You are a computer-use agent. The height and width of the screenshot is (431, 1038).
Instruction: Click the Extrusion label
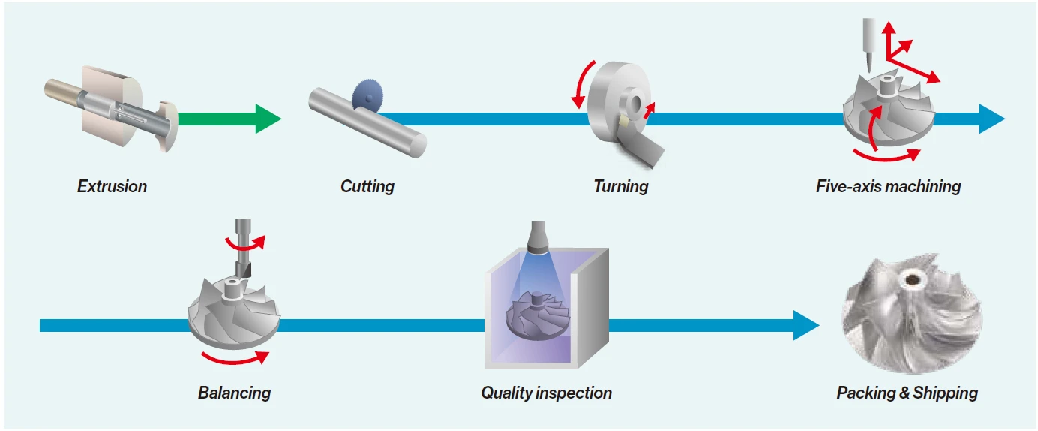click(x=112, y=186)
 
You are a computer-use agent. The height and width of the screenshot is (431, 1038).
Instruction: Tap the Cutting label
click(x=367, y=186)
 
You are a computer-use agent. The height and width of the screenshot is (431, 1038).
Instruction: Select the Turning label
click(x=620, y=186)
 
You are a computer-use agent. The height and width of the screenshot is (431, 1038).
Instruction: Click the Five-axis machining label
click(x=888, y=186)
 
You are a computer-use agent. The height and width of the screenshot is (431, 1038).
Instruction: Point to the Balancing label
click(x=234, y=392)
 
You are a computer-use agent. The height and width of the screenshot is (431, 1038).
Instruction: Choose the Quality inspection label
click(x=546, y=392)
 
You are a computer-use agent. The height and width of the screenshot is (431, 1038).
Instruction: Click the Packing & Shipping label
click(x=907, y=392)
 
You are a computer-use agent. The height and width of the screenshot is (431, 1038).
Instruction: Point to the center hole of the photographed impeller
click(x=913, y=280)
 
